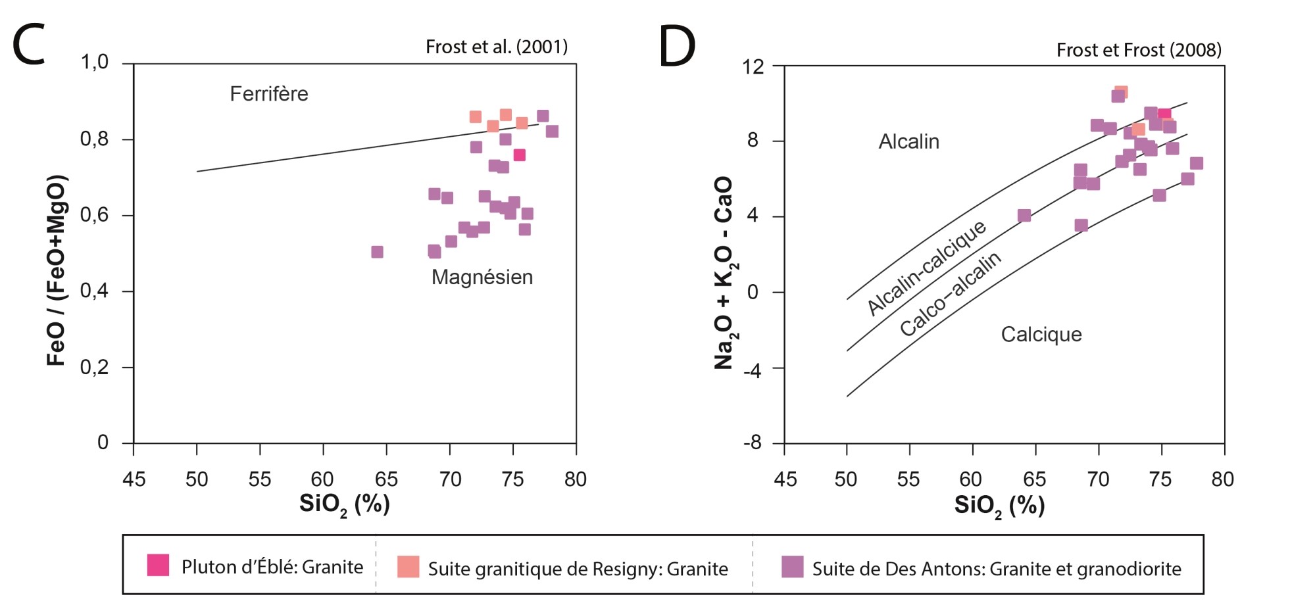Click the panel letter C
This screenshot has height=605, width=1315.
29,45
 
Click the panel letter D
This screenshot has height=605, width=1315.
677,47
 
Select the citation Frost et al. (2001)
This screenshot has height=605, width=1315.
496,47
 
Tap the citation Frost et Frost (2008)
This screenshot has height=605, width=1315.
1138,50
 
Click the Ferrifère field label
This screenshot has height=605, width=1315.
268,94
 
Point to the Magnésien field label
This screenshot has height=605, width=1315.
482,277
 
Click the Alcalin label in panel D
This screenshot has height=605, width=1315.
908,141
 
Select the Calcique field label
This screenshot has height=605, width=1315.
1041,334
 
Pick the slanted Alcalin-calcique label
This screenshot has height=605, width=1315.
926,268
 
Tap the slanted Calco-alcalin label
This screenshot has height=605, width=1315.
950,293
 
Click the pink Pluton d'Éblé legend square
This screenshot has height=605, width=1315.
158,565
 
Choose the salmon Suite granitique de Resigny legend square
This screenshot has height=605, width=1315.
408,567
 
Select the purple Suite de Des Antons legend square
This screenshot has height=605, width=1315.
792,567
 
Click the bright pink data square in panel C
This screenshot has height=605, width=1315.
519,155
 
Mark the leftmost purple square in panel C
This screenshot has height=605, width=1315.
377,252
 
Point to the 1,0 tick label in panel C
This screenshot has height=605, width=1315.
94,62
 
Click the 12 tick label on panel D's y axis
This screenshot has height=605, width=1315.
753,66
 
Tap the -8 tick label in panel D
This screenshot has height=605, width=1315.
752,443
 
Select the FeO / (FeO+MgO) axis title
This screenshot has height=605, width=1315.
57,270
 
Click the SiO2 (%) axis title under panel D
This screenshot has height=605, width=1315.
999,506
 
